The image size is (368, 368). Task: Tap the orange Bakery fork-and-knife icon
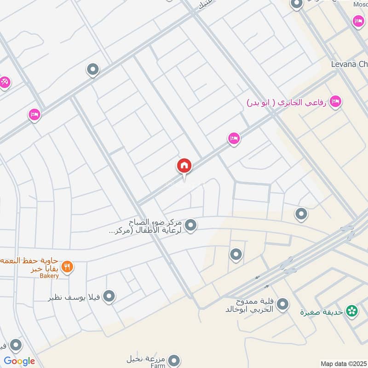(67, 266)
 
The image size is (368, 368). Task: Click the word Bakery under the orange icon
(49, 276)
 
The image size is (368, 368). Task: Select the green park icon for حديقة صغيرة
(352, 311)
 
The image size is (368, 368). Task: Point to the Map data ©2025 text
(343, 363)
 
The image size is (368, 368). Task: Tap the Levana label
(349, 64)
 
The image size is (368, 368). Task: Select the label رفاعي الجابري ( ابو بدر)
(286, 102)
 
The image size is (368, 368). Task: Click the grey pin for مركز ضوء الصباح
(191, 225)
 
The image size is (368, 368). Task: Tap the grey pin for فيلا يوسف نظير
(109, 296)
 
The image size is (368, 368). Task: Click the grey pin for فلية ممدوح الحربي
(282, 304)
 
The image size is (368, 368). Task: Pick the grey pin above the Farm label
(173, 360)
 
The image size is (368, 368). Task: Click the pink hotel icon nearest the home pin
(234, 138)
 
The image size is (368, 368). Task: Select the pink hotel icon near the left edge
(34, 115)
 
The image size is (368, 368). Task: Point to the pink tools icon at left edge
(5, 82)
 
